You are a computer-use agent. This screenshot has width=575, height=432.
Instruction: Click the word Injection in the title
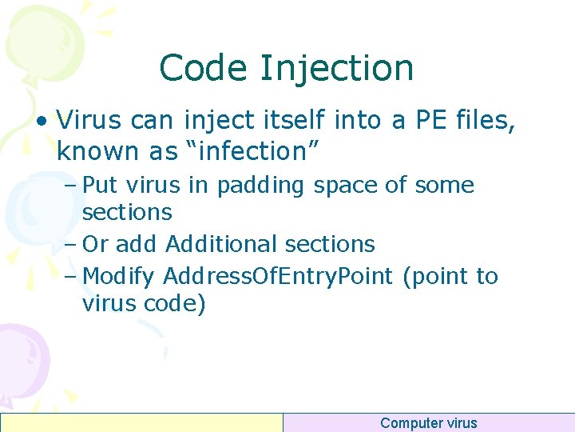tap(337, 68)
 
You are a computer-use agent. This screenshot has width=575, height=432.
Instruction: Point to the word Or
tap(96, 244)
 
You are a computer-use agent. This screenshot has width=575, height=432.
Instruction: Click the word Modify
tap(119, 277)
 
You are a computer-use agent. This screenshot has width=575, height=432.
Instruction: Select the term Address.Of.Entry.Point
tap(279, 277)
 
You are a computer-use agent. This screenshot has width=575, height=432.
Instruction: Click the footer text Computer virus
tap(428, 423)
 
